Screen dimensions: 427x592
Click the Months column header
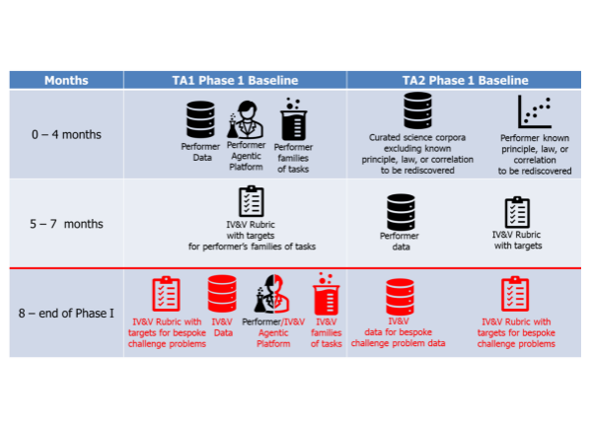pos(65,80)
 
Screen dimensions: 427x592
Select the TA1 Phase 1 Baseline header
pos(235,80)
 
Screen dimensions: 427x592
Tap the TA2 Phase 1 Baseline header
pos(465,80)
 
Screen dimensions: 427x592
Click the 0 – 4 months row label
pos(65,134)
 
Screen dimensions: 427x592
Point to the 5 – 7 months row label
pos(65,224)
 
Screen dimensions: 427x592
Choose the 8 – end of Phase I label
pos(65,313)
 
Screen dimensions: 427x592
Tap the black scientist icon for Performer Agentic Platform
pos(247,123)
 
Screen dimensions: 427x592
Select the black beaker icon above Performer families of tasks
pos(290,121)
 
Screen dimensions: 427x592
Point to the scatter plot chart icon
pos(535,111)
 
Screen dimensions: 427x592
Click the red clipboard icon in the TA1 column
pos(165,293)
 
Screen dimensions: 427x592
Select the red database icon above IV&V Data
pos(222,294)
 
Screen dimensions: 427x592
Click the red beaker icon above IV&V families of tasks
pos(325,294)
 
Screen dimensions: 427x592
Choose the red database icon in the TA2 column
pos(399,296)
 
